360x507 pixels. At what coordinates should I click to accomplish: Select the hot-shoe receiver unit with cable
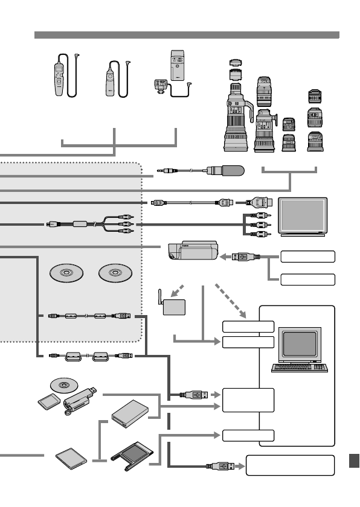click(x=161, y=86)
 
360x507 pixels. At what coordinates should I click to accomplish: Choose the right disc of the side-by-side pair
click(x=114, y=272)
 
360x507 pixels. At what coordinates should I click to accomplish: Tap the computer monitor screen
click(x=298, y=342)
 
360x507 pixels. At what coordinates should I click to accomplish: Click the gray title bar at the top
click(x=187, y=35)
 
